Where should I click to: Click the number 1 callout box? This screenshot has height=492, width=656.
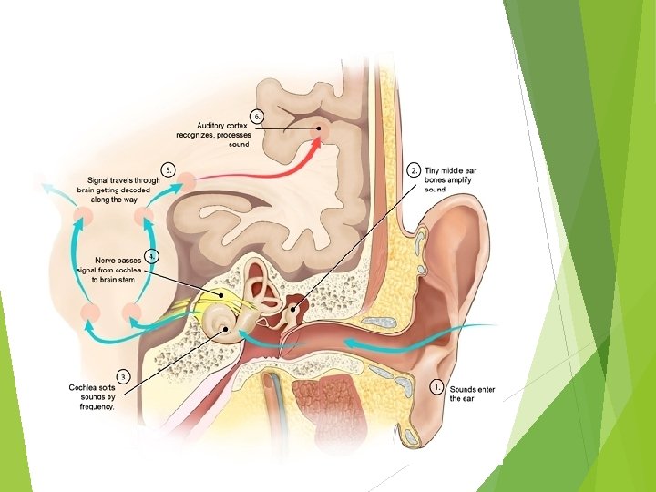pyautogui.click(x=438, y=386)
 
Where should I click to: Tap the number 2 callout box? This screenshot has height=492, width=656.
pyautogui.click(x=414, y=170)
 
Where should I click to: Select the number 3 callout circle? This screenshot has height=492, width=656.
pyautogui.click(x=122, y=374)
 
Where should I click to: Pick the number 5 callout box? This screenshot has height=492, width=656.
pyautogui.click(x=168, y=169)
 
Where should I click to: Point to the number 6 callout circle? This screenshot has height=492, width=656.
pyautogui.click(x=258, y=116)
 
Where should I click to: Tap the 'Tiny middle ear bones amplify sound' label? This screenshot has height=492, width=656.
pyautogui.click(x=450, y=180)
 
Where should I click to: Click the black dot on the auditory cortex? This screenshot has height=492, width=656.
pyautogui.click(x=318, y=129)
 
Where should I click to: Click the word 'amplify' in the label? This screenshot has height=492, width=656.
pyautogui.click(x=459, y=180)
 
